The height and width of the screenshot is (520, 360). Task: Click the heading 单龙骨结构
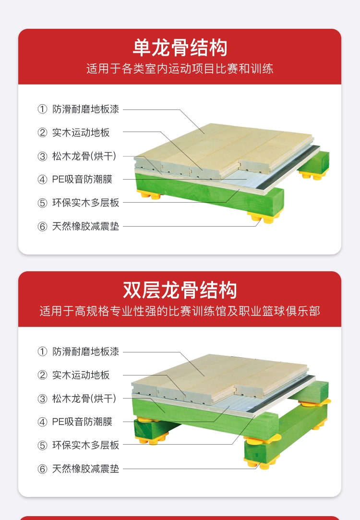(180, 48)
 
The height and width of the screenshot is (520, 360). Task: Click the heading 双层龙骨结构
(180, 290)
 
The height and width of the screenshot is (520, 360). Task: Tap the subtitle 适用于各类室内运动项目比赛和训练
(180, 69)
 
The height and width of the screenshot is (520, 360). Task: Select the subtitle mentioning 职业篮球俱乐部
(180, 311)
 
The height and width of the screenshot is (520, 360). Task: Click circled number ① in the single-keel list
(42, 109)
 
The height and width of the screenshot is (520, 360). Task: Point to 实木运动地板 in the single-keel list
(81, 133)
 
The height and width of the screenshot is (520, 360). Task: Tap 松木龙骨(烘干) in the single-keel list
(84, 156)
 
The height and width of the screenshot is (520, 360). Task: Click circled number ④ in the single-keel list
(42, 180)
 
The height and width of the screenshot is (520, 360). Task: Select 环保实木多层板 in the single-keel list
(85, 203)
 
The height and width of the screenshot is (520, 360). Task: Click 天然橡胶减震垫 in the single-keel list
(85, 226)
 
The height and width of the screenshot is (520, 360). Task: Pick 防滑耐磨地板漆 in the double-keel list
(85, 351)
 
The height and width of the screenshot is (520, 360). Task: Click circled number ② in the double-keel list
(42, 375)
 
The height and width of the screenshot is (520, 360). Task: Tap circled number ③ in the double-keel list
(42, 399)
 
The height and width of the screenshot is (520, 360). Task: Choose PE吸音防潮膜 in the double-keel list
(82, 422)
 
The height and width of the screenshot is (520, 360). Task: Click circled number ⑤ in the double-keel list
(42, 446)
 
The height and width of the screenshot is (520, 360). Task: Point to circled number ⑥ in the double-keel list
(42, 469)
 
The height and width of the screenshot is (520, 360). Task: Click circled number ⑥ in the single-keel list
(42, 227)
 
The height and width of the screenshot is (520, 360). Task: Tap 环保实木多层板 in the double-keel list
(85, 445)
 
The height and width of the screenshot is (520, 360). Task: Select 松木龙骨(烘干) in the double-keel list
(84, 399)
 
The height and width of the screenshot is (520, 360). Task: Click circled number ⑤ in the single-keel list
(42, 203)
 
